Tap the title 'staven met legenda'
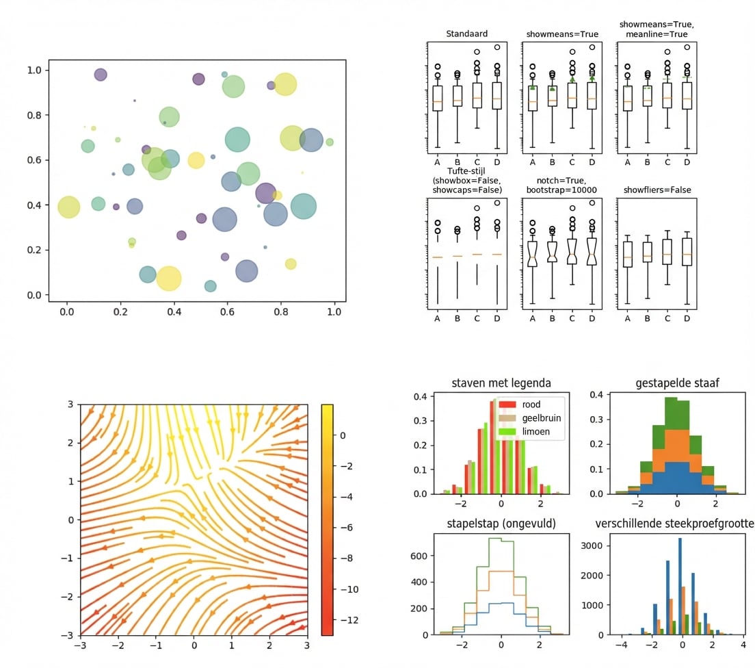coord(501,383)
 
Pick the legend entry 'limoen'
coord(535,432)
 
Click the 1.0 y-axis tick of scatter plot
coord(35,70)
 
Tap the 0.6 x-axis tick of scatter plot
coord(227,311)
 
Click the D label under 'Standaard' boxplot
coord(496,162)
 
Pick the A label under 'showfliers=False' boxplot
coord(627,318)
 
